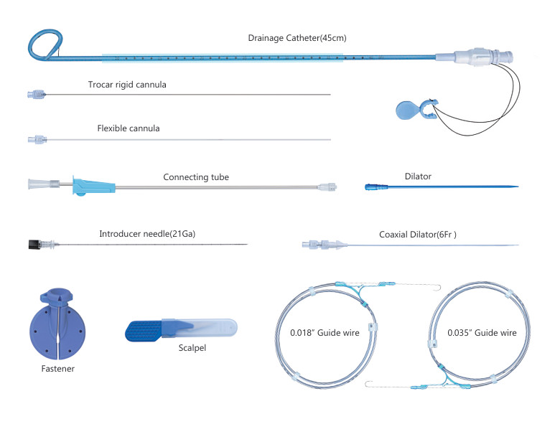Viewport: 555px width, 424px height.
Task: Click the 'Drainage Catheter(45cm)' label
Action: tap(297, 38)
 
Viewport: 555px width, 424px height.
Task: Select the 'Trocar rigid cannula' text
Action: tap(126, 85)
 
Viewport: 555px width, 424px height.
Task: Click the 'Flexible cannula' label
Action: tap(128, 128)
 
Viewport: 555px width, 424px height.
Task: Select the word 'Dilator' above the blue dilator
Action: tap(418, 175)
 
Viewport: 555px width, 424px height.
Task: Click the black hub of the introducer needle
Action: tap(32, 245)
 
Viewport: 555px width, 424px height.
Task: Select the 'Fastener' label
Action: tap(57, 369)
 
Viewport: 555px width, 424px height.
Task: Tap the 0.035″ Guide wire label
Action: tap(482, 333)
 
